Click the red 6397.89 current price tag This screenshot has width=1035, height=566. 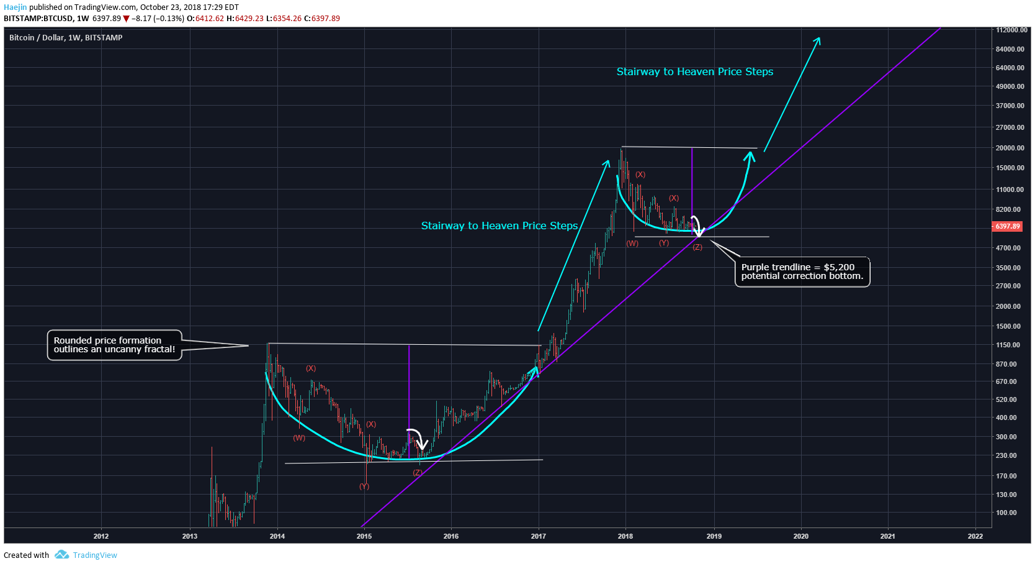click(x=1007, y=226)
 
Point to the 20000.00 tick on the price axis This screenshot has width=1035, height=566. click(x=1010, y=148)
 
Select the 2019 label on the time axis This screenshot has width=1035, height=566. click(x=714, y=536)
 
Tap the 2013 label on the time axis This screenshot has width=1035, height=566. click(x=190, y=536)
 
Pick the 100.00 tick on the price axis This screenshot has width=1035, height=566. click(x=1006, y=513)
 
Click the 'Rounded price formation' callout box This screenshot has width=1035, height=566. click(x=114, y=345)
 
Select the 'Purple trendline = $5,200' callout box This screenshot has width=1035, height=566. click(x=802, y=272)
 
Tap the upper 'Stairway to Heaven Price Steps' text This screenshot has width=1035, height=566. click(x=694, y=71)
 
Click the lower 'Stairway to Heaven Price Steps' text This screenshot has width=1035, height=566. click(x=499, y=226)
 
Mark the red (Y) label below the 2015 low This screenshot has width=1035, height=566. click(x=364, y=486)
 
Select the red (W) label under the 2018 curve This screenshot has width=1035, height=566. click(x=632, y=244)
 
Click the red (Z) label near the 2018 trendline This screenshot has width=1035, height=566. click(x=697, y=247)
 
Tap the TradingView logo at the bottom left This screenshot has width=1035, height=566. click(x=61, y=555)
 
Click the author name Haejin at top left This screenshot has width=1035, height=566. click(x=15, y=7)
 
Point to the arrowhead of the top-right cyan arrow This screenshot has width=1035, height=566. click(x=818, y=39)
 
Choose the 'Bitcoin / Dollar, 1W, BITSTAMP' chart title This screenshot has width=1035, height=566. click(x=66, y=38)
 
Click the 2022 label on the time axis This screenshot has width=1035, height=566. click(x=975, y=536)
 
